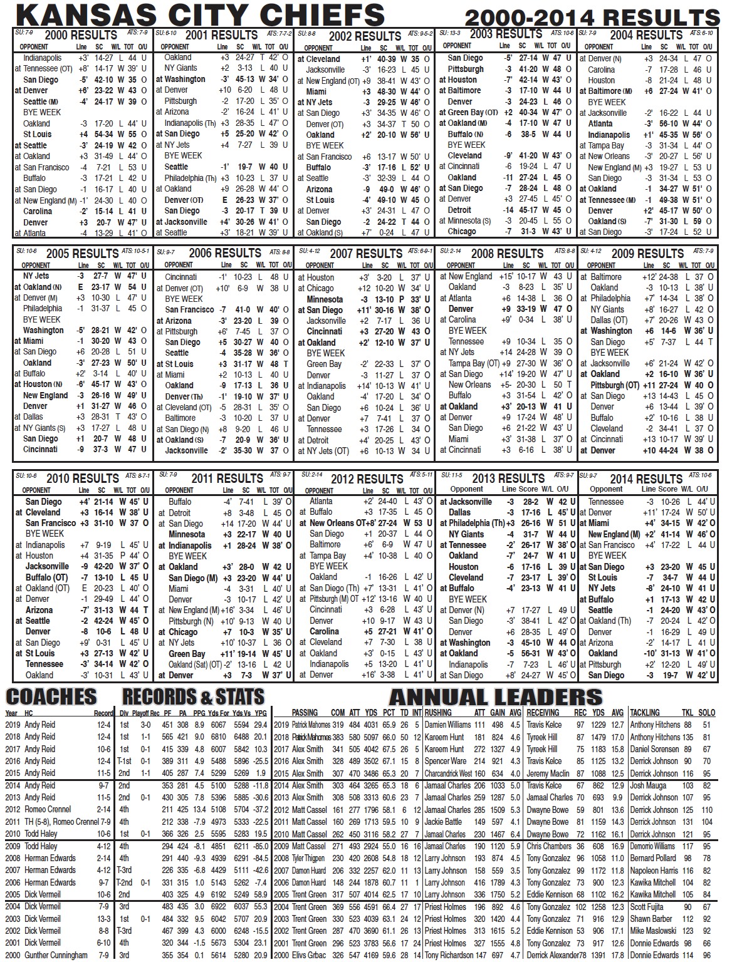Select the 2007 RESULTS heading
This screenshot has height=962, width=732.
[x=365, y=254]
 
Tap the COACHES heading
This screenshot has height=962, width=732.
[x=51, y=696]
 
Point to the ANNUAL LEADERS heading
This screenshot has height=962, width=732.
[x=495, y=697]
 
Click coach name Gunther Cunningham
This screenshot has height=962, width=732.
[x=56, y=955]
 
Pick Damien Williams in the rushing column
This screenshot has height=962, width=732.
[x=448, y=725]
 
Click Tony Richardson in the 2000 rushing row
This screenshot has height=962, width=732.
[x=449, y=955]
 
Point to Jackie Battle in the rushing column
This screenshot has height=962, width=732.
[x=443, y=822]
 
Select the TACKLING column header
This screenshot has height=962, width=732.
[x=645, y=713]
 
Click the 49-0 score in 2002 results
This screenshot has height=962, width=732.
[x=386, y=189]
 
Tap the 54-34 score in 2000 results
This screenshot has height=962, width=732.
[x=104, y=135]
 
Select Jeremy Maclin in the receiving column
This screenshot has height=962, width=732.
[x=548, y=773]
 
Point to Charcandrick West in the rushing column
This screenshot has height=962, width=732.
[x=448, y=773]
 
